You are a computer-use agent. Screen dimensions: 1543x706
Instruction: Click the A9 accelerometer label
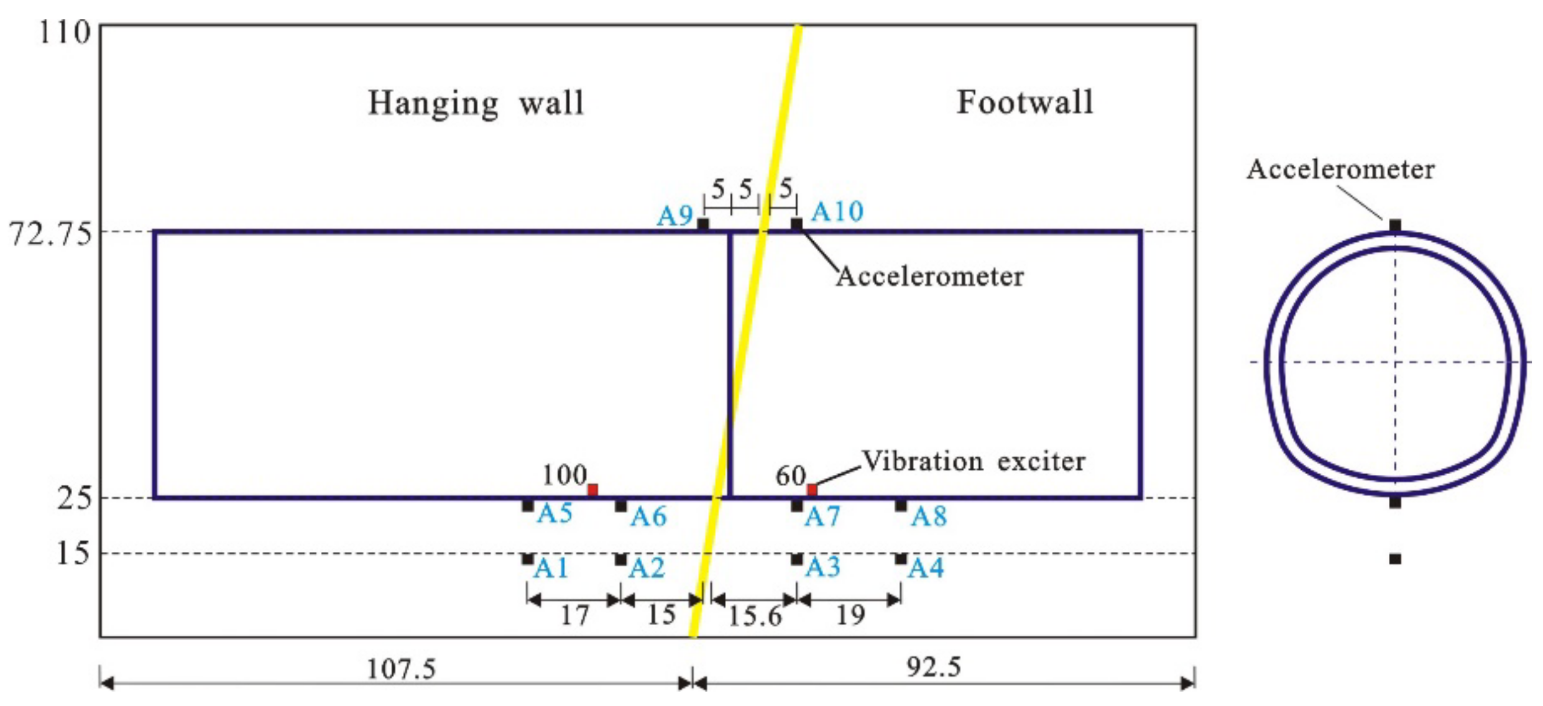(675, 216)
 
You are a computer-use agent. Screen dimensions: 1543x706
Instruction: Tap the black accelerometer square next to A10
(796, 223)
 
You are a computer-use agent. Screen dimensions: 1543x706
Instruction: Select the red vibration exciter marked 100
(592, 490)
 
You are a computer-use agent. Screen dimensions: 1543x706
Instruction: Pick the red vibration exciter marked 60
(811, 490)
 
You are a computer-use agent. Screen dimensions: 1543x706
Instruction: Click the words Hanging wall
(476, 103)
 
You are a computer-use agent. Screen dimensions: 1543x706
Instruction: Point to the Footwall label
(1024, 103)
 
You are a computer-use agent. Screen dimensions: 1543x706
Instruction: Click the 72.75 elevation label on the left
(50, 234)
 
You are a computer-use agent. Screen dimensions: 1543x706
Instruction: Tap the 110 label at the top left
(64, 32)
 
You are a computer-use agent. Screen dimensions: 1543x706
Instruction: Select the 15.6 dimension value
(755, 617)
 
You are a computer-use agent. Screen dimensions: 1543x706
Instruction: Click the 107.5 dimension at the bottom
(401, 669)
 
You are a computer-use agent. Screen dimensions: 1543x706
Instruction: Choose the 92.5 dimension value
(933, 667)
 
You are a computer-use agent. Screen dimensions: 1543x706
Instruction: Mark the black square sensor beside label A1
(527, 559)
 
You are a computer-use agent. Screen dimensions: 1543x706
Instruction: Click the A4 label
(926, 568)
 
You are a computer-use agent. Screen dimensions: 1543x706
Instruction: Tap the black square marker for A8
(901, 506)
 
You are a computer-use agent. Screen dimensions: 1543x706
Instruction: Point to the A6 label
(648, 516)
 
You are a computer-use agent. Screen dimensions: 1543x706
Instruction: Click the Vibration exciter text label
(973, 461)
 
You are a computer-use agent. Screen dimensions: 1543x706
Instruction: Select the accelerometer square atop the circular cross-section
(1395, 225)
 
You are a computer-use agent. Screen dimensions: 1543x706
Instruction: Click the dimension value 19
(850, 615)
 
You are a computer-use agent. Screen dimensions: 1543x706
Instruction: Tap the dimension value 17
(574, 616)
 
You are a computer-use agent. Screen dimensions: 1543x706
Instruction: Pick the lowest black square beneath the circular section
(1395, 559)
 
